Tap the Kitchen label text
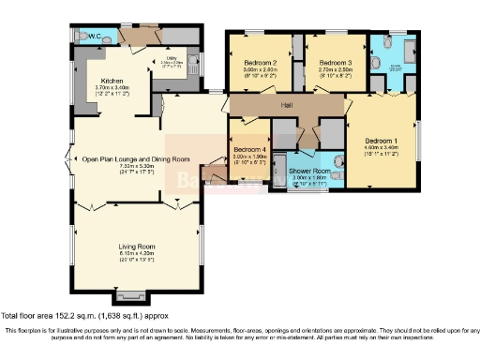[x=112, y=81]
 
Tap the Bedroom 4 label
[x=250, y=150]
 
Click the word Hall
[x=286, y=105]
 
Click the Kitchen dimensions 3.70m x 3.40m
[x=113, y=88]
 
